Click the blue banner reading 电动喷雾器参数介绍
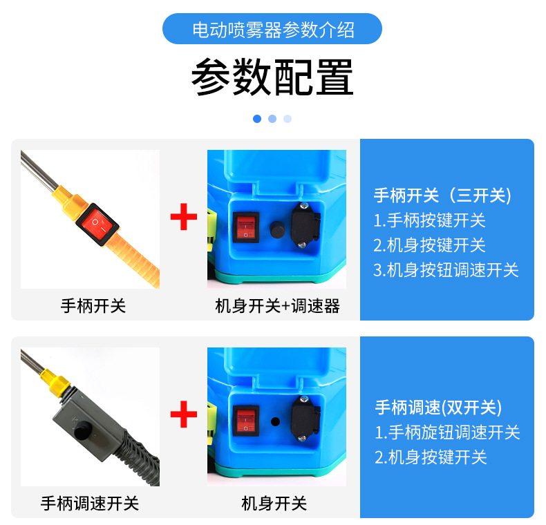(272, 29)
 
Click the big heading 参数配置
(272, 77)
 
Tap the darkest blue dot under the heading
(257, 119)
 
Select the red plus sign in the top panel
(184, 218)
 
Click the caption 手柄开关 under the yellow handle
(93, 305)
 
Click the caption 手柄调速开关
(90, 504)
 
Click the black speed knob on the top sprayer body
(276, 229)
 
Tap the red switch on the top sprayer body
(246, 227)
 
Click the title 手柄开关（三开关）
(442, 195)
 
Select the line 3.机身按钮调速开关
(446, 270)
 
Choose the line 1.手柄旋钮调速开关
(447, 432)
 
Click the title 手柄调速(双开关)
(438, 407)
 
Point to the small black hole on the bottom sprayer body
(275, 421)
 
